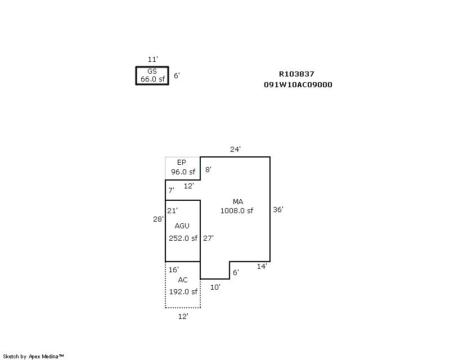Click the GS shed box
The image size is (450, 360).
(152, 75)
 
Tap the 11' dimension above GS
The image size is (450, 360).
(152, 60)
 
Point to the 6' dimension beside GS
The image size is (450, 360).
(177, 75)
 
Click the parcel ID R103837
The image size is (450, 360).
(296, 74)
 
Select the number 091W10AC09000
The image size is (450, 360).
(298, 85)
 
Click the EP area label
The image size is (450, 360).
(181, 163)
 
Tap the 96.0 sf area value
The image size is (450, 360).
(183, 172)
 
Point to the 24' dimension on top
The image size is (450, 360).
(235, 150)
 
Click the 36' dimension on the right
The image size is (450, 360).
(278, 209)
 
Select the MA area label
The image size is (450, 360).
(238, 201)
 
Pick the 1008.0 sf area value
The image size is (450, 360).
(236, 211)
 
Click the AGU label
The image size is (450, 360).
(182, 226)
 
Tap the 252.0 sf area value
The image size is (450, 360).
(183, 238)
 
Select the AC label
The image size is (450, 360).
(183, 280)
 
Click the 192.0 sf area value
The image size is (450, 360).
(183, 291)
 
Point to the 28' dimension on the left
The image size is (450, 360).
(158, 219)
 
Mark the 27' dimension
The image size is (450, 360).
(208, 238)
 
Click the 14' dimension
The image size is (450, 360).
(262, 266)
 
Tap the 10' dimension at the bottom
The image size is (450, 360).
(215, 287)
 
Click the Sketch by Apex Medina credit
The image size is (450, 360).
(34, 356)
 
